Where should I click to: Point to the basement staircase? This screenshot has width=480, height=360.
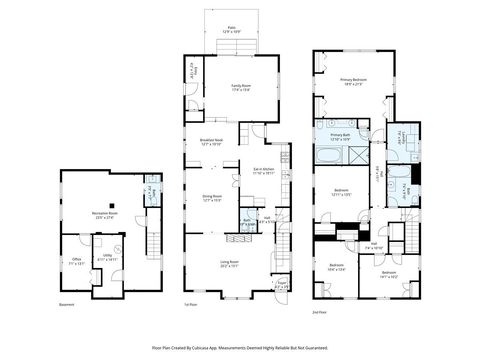click(153, 241)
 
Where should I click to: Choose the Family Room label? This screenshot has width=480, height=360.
click(239, 88)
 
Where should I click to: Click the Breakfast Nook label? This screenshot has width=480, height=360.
click(210, 141)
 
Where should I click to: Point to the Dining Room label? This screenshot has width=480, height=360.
click(211, 199)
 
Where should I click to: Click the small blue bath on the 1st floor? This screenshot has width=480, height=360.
click(246, 222)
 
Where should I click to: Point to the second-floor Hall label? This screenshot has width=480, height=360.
click(372, 245)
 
